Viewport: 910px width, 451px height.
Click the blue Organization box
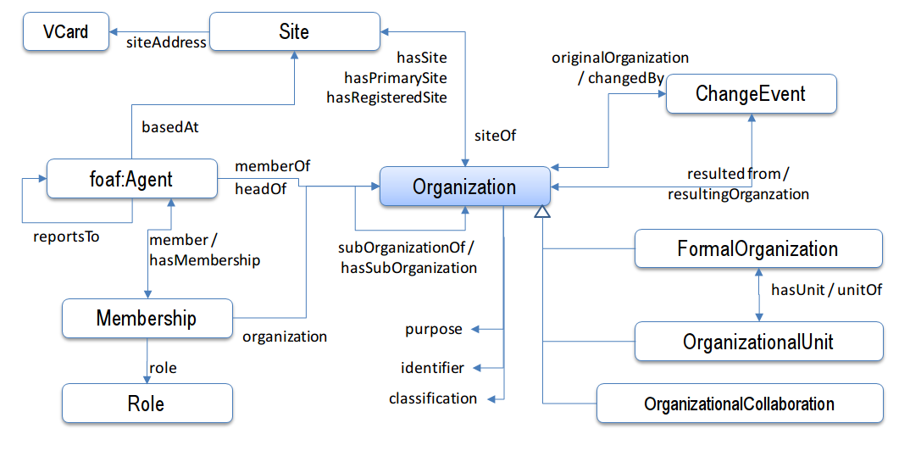464,187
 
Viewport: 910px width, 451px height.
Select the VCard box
65,33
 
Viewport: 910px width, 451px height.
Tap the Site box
294,33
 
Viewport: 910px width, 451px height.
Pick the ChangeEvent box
751,94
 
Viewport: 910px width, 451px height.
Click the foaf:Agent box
132,179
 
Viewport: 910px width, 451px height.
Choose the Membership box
147,319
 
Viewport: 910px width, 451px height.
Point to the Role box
146,404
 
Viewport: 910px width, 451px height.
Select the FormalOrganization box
757,249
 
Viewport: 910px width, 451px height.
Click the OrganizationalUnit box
757,342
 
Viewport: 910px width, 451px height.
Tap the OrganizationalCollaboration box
739,404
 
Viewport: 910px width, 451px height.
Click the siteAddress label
167,42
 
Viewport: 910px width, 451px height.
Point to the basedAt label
169,127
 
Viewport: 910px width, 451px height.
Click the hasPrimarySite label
395,78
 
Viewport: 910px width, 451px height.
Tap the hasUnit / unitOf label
826,290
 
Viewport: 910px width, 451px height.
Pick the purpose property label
434,329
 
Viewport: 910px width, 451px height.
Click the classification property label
433,398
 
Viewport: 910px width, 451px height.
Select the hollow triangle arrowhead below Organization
542,213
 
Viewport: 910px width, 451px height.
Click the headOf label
260,189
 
